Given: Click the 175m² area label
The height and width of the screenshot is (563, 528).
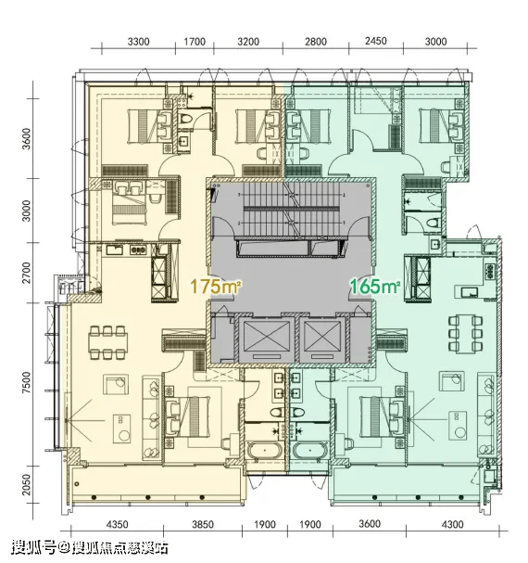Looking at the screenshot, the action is point(215,287).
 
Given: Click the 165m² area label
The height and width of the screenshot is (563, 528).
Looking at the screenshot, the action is point(375,287).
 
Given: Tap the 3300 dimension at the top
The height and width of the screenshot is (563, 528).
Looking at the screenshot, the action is point(138,42).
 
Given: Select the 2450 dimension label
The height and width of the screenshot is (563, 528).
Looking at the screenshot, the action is point(376,41).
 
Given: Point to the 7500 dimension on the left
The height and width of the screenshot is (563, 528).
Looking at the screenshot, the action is point(27,383).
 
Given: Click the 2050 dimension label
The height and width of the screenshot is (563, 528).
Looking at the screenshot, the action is point(27,484).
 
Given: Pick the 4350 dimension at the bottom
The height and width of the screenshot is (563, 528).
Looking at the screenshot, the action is point(118,525).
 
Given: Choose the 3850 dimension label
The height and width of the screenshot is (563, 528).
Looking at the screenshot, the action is point(203,525).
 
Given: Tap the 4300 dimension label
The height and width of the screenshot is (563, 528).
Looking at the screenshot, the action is point(452,525).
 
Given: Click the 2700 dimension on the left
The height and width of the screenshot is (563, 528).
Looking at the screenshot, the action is point(27,273).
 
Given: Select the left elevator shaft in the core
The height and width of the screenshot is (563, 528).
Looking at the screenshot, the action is point(266,339).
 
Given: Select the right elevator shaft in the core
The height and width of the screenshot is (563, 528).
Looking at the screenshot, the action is point(322,339).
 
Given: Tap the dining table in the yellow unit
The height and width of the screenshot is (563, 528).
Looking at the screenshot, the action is point(108,342).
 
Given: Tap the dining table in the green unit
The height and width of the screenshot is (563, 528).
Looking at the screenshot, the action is point(466,334).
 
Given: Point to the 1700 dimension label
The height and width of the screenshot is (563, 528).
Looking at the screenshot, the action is point(195,42).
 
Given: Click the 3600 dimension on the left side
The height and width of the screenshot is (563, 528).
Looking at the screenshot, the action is point(27,139).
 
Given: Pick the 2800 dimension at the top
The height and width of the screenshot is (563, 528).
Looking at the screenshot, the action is point(316,42).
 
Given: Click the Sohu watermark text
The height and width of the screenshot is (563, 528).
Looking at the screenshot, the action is point(90,547).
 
